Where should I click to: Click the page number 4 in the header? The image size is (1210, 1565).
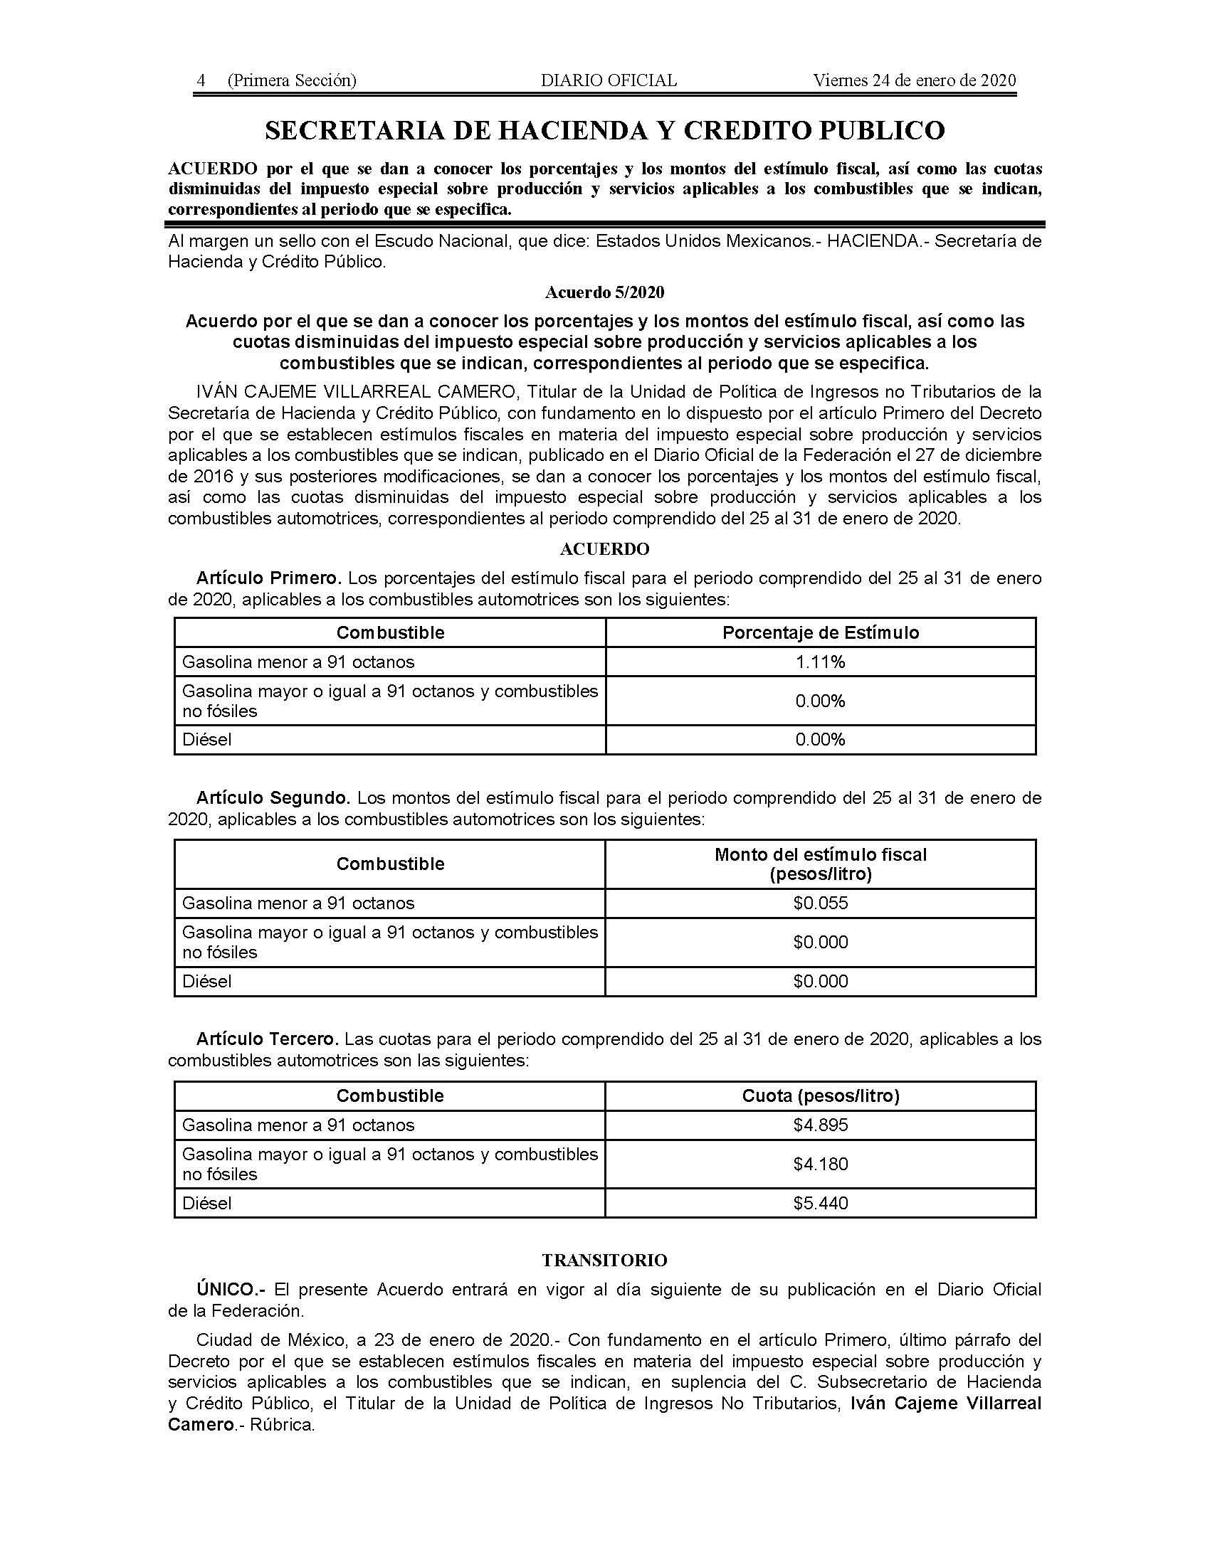click(x=201, y=80)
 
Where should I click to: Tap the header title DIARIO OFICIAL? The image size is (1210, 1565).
click(x=609, y=80)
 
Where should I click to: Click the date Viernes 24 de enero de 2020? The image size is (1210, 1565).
click(x=914, y=80)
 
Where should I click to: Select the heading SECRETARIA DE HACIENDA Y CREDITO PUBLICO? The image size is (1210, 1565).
click(x=604, y=130)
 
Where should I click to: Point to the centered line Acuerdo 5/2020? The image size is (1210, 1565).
click(x=604, y=292)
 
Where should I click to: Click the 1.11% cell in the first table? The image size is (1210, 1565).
click(x=820, y=662)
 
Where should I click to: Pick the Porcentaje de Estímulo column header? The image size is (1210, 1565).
click(x=820, y=632)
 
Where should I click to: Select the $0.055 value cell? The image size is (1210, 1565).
click(x=820, y=903)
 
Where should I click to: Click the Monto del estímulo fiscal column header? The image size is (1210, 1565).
click(x=820, y=864)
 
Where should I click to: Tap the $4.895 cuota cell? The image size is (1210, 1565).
click(x=820, y=1125)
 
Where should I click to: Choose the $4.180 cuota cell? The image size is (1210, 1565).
click(x=820, y=1164)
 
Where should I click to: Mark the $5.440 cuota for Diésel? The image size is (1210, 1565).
click(x=820, y=1203)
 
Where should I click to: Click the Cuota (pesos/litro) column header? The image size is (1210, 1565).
click(x=820, y=1095)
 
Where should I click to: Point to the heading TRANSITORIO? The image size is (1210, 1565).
click(x=604, y=1261)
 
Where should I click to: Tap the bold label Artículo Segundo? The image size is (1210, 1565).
click(x=273, y=798)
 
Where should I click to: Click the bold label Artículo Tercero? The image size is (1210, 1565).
click(x=267, y=1039)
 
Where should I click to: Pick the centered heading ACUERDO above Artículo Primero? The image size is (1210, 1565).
click(x=604, y=549)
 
